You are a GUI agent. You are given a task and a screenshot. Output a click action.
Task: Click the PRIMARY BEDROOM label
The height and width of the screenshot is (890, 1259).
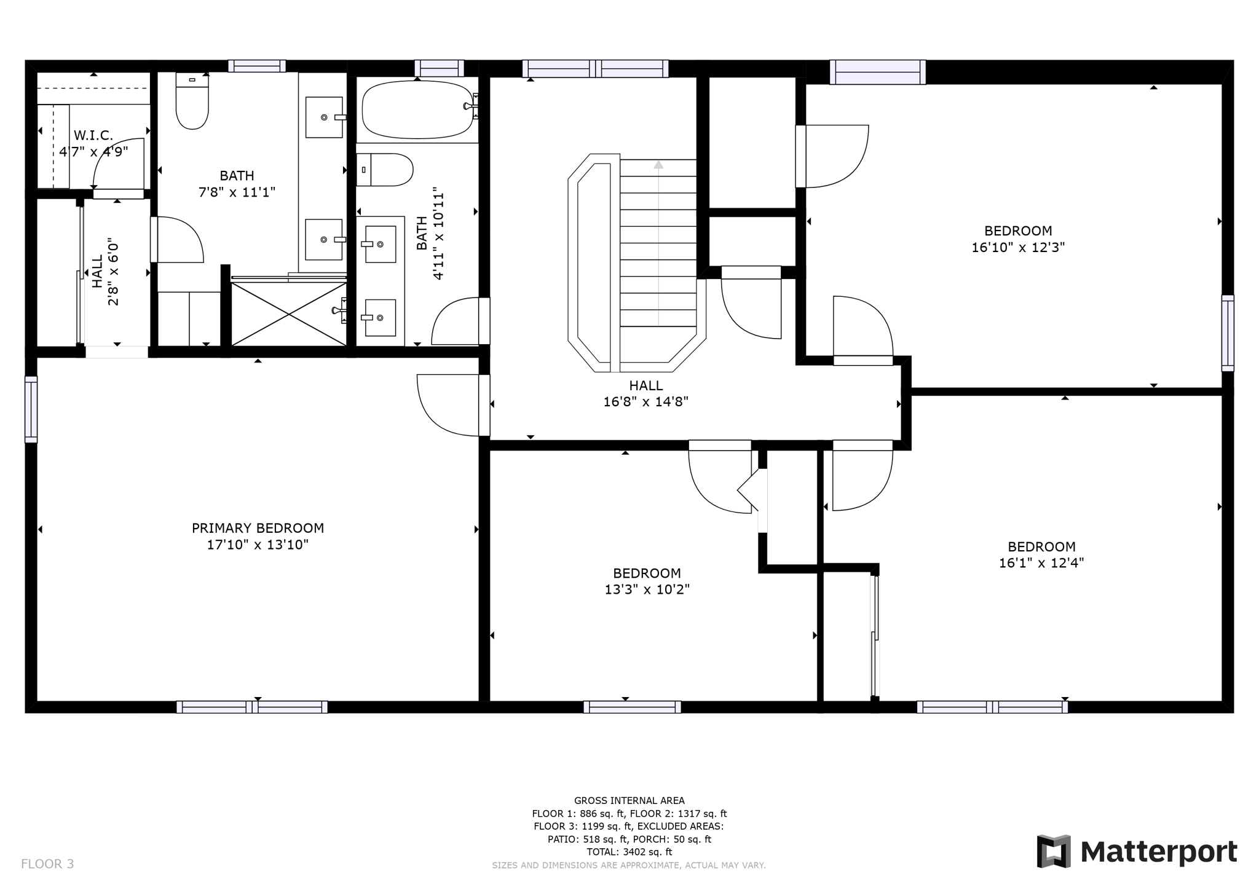258,528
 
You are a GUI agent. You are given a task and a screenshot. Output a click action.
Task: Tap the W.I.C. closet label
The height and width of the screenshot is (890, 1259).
93,135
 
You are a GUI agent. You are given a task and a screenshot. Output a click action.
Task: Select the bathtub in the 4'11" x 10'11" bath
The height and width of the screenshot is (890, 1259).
417,111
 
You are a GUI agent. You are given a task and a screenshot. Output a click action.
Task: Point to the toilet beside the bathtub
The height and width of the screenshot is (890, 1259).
385,170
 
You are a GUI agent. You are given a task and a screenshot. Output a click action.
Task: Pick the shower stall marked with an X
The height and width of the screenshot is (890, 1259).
288,314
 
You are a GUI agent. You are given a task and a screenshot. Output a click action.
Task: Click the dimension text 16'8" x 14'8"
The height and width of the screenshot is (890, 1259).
645,402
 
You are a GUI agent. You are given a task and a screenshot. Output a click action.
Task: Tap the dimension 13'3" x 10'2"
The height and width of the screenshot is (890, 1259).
647,589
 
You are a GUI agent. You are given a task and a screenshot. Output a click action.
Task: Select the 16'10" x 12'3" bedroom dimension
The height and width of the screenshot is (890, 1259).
1018,247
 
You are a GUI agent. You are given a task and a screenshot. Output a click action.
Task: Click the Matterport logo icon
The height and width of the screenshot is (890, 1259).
1054,851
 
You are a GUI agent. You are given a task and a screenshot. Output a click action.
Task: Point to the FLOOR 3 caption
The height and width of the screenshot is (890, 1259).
47,864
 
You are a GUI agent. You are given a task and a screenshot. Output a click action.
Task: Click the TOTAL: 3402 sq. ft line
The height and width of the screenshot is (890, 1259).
629,852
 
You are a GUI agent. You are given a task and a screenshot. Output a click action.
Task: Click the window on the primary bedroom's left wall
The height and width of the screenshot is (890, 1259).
31,409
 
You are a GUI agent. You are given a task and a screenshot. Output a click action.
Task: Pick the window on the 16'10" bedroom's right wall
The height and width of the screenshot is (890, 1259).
1227,333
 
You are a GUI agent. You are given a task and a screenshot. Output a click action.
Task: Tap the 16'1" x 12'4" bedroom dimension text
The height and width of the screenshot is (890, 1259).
1041,563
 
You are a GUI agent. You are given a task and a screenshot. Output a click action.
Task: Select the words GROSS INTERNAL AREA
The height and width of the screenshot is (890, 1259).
629,800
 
